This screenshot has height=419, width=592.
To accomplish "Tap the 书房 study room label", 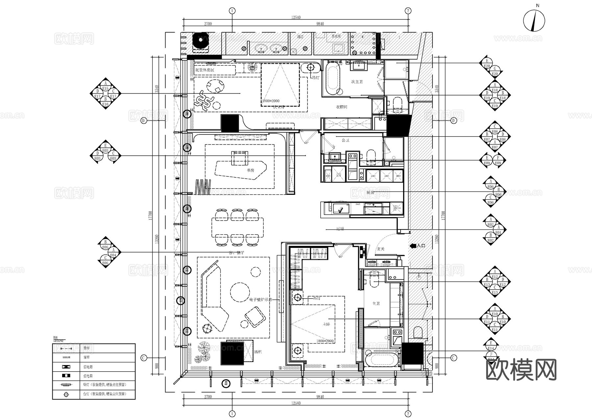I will (250, 170).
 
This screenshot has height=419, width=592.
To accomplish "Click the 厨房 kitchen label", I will (370, 193).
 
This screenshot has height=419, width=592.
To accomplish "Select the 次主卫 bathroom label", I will (357, 82).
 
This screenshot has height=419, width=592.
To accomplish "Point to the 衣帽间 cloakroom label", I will (341, 107).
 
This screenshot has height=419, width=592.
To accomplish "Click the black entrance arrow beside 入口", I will (412, 246).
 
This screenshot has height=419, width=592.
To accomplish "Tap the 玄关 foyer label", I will (380, 249).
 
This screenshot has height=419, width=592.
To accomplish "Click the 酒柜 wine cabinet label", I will (258, 352).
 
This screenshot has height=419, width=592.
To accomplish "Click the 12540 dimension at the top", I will (296, 17).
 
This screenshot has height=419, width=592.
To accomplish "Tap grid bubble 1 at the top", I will (232, 11).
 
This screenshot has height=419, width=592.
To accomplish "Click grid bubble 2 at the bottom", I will (408, 414).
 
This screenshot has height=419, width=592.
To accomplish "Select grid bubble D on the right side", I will (454, 121).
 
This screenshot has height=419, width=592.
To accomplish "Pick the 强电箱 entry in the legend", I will (88, 376).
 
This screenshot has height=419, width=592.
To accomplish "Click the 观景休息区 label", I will (204, 70).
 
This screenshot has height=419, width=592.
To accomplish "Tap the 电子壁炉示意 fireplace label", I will (260, 300).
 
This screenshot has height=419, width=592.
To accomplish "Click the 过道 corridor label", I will (340, 229).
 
